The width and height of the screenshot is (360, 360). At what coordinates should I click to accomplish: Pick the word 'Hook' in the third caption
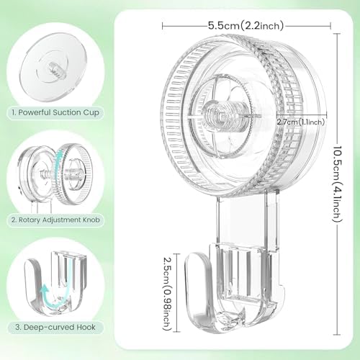coord(94,328)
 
